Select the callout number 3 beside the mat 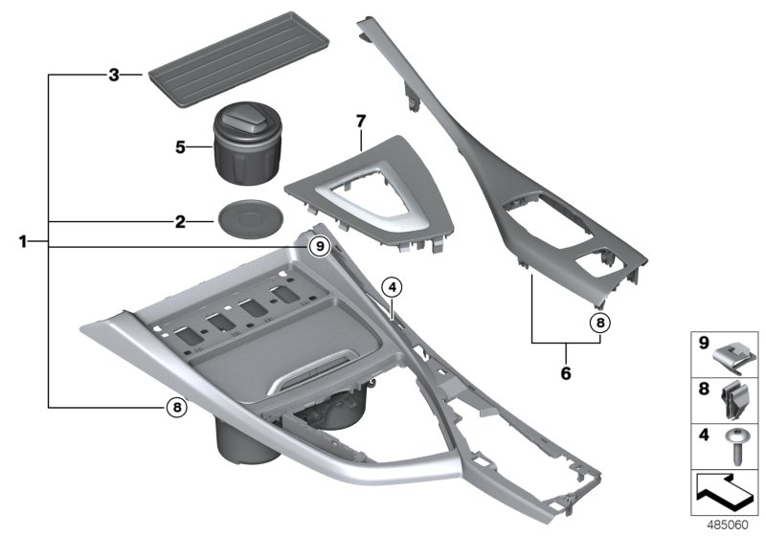[113, 74]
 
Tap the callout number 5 [178, 147]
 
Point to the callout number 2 [179, 221]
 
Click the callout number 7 [361, 122]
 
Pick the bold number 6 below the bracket [565, 372]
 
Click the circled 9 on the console [320, 247]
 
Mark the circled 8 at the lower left [175, 407]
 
